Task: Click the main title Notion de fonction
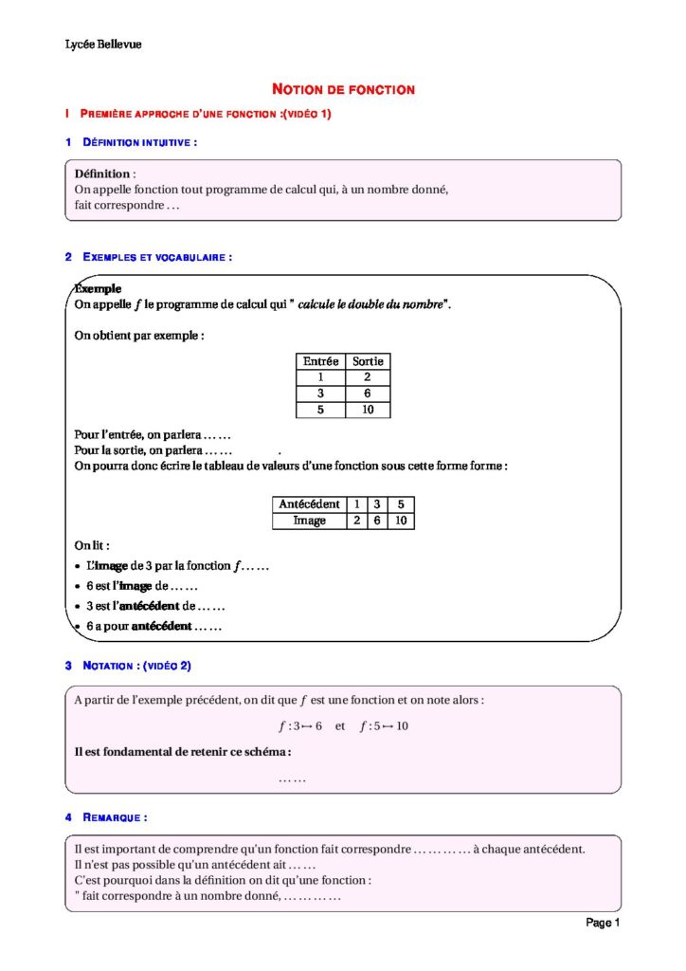pos(343,89)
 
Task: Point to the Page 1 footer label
pos(603,923)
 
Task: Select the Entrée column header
pos(320,361)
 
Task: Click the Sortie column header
pos(368,361)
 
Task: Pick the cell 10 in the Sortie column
pos(368,410)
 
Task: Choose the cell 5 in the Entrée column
pos(320,410)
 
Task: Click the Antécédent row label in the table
pos(309,504)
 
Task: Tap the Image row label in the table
pos(309,521)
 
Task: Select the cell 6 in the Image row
pos(377,521)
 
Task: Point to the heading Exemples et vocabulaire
pos(156,257)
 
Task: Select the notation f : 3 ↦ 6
pos(300,726)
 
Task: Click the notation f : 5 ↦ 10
pos(384,726)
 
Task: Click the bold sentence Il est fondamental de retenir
pos(182,752)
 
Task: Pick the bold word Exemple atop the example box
pos(98,288)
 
